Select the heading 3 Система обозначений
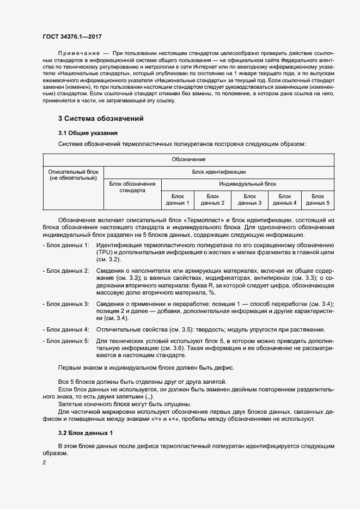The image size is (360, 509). coord(101,119)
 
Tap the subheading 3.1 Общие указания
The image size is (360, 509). coord(89,133)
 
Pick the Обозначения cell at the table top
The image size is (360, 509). coord(188,160)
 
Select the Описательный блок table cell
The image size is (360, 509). coord(74,175)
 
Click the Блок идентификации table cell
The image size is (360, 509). coord(218,171)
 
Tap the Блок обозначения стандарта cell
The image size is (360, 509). coord(132,187)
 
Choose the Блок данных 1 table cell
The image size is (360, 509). coord(178,199)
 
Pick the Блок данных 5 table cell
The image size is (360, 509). coord(318,199)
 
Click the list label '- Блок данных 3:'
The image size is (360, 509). coord(66,303)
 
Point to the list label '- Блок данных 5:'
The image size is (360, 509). coord(66,341)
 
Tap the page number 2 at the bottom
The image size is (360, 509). coord(45,463)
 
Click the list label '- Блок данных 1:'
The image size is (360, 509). coord(66,246)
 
